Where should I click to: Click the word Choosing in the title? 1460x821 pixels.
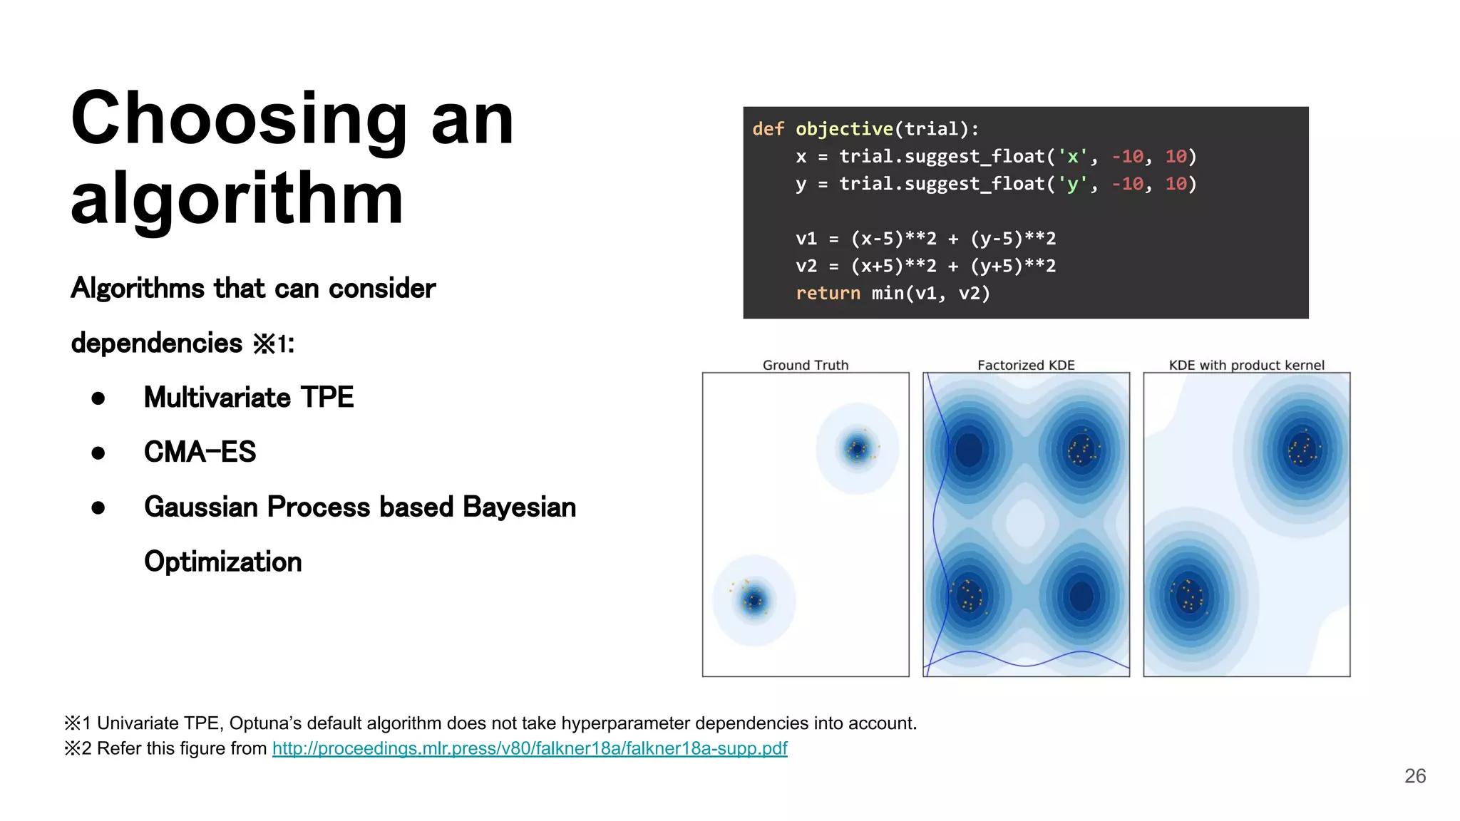click(x=239, y=120)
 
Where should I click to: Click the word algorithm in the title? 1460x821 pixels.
click(x=237, y=200)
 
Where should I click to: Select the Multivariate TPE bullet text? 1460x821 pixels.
click(x=248, y=398)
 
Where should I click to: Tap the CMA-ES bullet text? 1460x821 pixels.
click(x=200, y=452)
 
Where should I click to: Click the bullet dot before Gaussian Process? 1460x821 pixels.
click(x=98, y=507)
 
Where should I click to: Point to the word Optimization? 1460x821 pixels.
click(x=222, y=562)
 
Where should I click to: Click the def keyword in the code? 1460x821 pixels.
click(x=768, y=129)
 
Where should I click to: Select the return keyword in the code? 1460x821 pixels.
click(x=828, y=294)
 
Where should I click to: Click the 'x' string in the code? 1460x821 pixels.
click(x=1072, y=157)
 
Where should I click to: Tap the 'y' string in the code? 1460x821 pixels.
click(x=1072, y=184)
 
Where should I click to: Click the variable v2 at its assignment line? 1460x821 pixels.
click(x=806, y=266)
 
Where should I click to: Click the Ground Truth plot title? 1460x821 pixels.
click(x=806, y=365)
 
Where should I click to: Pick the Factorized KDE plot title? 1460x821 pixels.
click(x=1026, y=365)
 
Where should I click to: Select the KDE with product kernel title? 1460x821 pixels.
click(x=1246, y=365)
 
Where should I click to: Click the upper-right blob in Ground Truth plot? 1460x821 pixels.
click(x=857, y=449)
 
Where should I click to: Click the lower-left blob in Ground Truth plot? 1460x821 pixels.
click(x=754, y=600)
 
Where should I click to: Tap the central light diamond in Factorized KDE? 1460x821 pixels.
click(x=1026, y=522)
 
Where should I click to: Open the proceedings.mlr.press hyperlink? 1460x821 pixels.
click(x=530, y=748)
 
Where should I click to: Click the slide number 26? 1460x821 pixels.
click(x=1414, y=776)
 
